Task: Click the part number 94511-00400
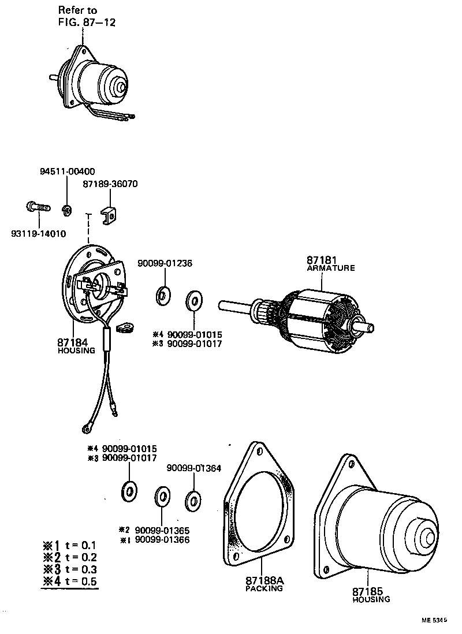pyautogui.click(x=68, y=171)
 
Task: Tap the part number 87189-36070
pyautogui.click(x=110, y=184)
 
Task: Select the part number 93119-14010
pyautogui.click(x=38, y=233)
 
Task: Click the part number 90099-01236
pyautogui.click(x=165, y=263)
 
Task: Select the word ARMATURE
pyautogui.click(x=331, y=268)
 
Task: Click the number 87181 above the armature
pyautogui.click(x=321, y=260)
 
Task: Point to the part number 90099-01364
pyautogui.click(x=194, y=468)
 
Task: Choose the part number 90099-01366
pyautogui.click(x=162, y=540)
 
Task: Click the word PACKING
pyautogui.click(x=264, y=589)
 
